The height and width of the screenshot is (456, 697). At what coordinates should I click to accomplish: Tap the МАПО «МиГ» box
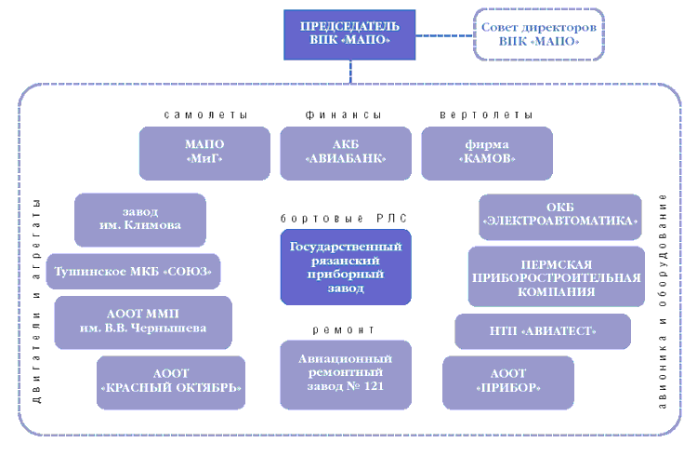pos(204,153)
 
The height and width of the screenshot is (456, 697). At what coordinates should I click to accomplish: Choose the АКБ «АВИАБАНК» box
pos(346,153)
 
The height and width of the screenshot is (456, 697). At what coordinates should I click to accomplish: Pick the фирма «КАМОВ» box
pos(486,153)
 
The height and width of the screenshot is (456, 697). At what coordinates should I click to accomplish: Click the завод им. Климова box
pos(139,219)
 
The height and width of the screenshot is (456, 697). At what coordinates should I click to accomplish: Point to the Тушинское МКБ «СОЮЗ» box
pos(134,271)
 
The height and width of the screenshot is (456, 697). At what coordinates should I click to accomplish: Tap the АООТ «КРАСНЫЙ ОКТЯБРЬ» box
pos(171,382)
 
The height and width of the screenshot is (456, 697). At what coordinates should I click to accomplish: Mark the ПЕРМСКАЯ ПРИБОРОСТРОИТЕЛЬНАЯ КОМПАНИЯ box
pos(556,276)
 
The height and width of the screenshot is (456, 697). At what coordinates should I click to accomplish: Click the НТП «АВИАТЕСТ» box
pos(542,331)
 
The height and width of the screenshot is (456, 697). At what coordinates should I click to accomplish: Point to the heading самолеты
pos(205,115)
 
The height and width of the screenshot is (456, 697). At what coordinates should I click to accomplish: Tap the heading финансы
pos(344,115)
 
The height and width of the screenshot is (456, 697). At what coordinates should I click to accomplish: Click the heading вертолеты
pos(485,115)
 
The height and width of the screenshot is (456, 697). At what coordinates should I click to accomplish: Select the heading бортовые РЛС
pos(344,218)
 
